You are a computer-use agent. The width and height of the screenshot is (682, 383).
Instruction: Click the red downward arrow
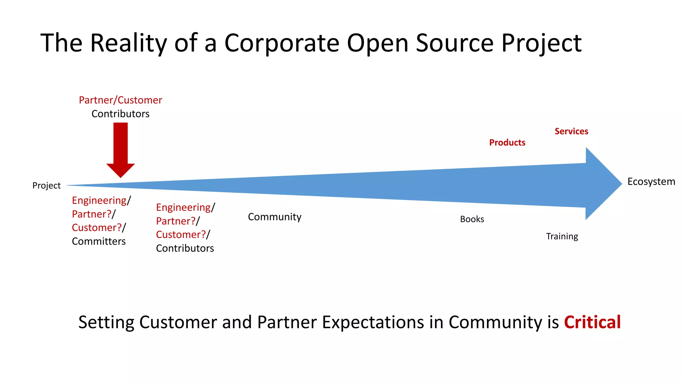point(121,150)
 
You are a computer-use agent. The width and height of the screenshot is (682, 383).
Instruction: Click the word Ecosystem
point(651,182)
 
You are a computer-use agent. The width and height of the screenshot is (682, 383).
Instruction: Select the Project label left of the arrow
point(46,186)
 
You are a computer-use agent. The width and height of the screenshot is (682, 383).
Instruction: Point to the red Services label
point(571,131)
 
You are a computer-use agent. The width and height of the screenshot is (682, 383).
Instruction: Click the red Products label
point(507,143)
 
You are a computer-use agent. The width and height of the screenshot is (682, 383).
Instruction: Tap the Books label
point(472,219)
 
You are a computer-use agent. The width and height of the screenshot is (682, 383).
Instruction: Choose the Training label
point(562,236)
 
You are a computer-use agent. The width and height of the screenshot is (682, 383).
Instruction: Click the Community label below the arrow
point(274,217)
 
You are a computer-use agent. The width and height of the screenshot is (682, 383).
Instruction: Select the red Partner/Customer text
point(120,100)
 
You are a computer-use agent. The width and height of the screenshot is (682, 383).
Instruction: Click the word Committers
point(99,241)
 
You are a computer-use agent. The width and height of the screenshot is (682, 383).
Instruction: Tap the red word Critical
point(592,322)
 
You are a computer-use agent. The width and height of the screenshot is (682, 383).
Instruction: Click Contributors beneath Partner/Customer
point(120,114)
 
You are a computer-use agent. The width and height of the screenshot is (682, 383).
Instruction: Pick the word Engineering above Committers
point(99,200)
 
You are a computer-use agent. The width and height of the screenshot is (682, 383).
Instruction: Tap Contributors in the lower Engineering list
point(185,248)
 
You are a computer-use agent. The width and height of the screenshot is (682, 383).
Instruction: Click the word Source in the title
point(454,43)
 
